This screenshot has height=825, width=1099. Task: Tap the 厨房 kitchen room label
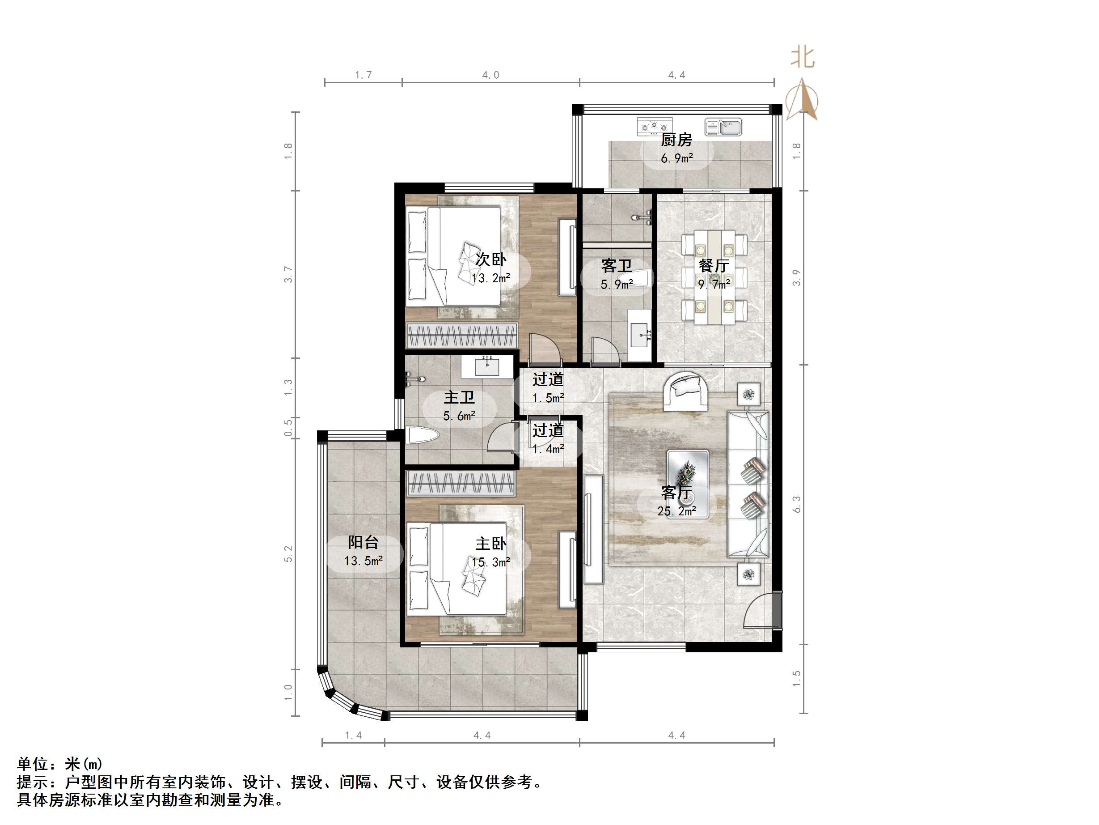(x=676, y=140)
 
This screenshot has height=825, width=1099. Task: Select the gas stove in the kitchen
(x=654, y=127)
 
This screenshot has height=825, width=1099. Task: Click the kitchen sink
(x=723, y=128)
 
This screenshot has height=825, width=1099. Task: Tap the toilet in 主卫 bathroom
(x=422, y=436)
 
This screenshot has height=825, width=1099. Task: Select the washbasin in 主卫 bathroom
(x=487, y=367)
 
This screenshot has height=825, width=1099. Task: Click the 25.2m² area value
(x=676, y=511)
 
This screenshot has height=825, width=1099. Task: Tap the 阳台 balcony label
(x=363, y=543)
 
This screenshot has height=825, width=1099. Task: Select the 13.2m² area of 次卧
(x=490, y=278)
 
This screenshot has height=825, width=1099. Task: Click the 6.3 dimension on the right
(x=796, y=504)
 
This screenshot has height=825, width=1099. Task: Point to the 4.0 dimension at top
(x=490, y=75)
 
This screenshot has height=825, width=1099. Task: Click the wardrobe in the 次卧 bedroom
(x=462, y=335)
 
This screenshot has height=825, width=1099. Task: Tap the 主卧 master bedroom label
(x=490, y=544)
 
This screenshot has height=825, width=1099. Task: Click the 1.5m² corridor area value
(x=548, y=398)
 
